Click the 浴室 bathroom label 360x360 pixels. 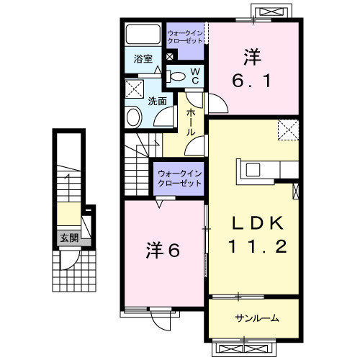pos(143,59)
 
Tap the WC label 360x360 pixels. pos(195,76)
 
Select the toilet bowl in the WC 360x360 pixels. pos(178,76)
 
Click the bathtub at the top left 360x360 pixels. pos(143,34)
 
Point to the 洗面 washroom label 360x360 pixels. pos(157,101)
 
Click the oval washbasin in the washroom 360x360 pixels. pos(133,117)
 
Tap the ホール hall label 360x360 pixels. pos(191,122)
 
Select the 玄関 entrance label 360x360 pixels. pos(69,238)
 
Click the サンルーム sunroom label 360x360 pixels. pos(257,318)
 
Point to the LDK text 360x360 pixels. pos(258,223)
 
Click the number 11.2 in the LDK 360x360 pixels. pos(258,246)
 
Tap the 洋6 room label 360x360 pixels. pos(163,251)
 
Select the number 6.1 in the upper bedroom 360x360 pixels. pos(252,81)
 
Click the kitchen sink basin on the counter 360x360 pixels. pos(253,170)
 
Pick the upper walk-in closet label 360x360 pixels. pos(185,37)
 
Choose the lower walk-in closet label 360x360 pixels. pos(179,179)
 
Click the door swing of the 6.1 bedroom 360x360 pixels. pos(218,104)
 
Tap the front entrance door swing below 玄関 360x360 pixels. pos(70,261)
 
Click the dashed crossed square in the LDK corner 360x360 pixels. pos(289,130)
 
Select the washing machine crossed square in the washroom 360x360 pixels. pos(135,89)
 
